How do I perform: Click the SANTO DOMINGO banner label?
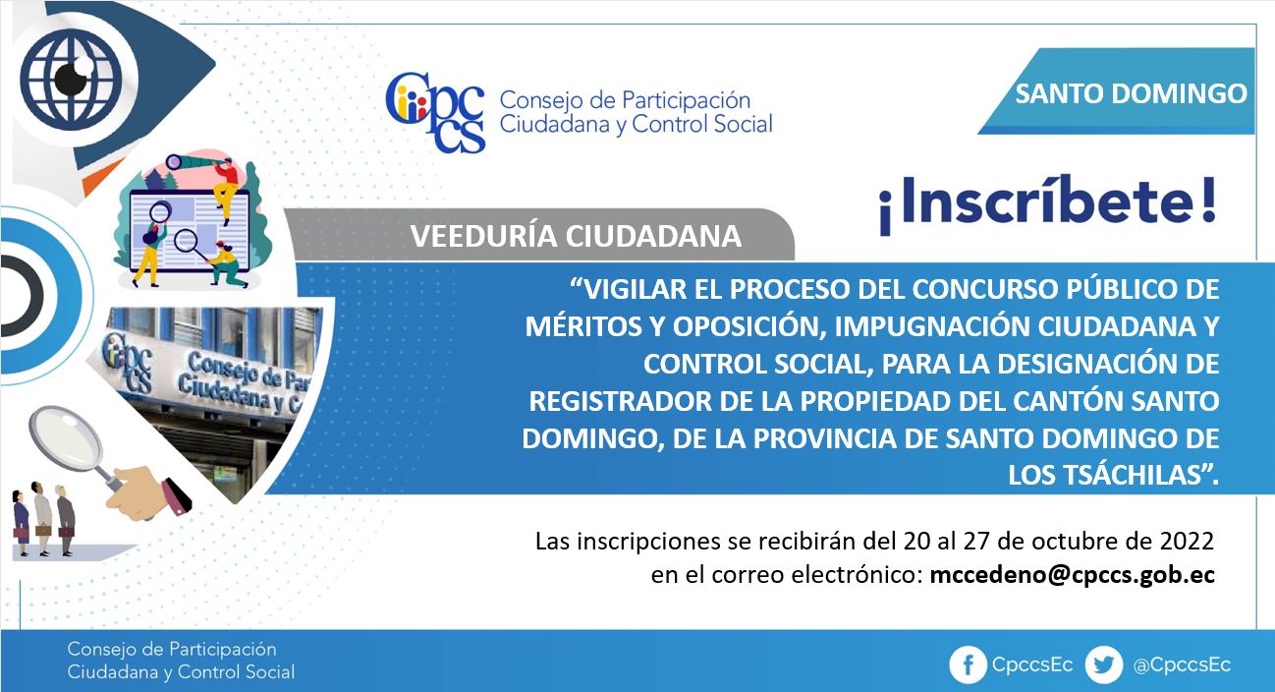(x=1131, y=93)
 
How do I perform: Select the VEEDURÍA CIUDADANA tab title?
(x=576, y=236)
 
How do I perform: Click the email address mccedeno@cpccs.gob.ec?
(x=1073, y=575)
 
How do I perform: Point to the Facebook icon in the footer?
(x=968, y=664)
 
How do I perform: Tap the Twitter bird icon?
(x=1104, y=664)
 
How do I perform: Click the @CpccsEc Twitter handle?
(x=1182, y=665)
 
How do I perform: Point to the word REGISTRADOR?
(x=620, y=401)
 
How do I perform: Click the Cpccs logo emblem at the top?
(x=435, y=113)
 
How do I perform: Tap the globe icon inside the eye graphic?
(x=71, y=77)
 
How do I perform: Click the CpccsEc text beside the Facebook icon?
(x=1032, y=665)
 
